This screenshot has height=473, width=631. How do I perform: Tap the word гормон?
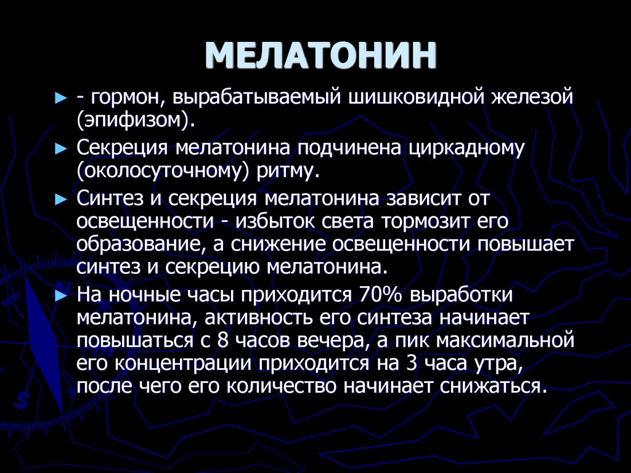126,97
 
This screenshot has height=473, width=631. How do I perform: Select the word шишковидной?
420,97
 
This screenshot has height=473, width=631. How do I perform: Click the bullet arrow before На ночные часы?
60,295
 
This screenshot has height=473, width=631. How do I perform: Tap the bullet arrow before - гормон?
60,98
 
